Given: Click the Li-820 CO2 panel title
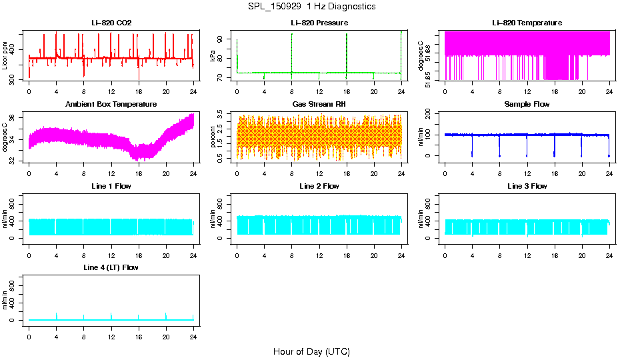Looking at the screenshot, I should pos(111,23).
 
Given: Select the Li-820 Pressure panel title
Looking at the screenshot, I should pos(319,23).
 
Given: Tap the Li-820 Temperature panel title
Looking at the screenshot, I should pos(527,23).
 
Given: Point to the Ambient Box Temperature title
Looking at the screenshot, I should pos(111,105).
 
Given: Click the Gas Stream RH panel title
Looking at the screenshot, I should pos(319,105).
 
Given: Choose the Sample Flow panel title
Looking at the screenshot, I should pos(527,105).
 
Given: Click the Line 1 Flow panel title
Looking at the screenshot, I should pos(111,186).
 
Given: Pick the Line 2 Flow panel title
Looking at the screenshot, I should pos(319,186).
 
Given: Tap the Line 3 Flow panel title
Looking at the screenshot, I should pos(527,186).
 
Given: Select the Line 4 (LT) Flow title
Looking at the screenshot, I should pos(111,267).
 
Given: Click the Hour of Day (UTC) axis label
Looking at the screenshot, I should pos(311,351).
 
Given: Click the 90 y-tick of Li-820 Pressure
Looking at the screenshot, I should pos(222,39).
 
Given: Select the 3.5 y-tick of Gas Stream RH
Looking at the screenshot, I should pos(222,115).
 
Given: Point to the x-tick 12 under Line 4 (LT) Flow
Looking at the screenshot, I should pos(111,337).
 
